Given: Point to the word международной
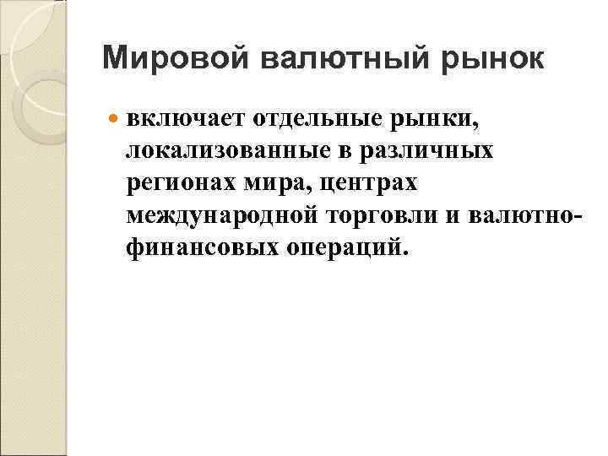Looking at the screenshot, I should tap(223, 214).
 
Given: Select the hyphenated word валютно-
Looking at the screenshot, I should tap(527, 214).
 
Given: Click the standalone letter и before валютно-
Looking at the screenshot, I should tap(453, 215).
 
